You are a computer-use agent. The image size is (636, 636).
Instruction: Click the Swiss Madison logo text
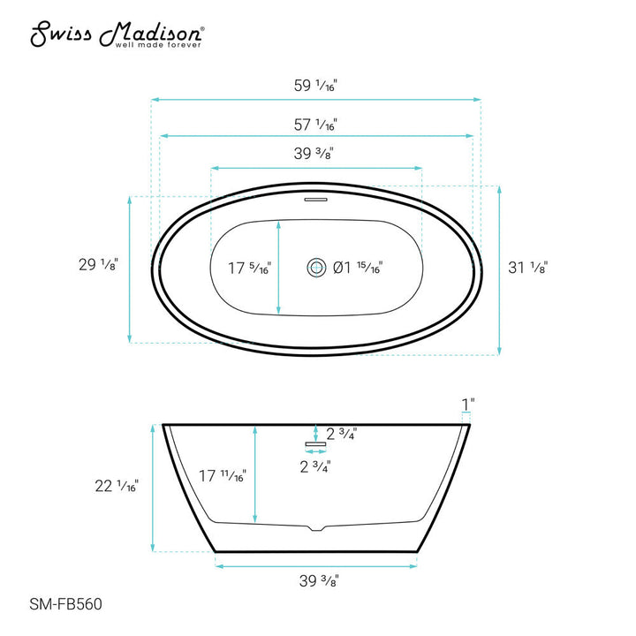pyautogui.click(x=117, y=33)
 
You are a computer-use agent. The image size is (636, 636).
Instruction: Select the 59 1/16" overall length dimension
pyautogui.click(x=316, y=86)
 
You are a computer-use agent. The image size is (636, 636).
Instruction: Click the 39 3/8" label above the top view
pyautogui.click(x=314, y=154)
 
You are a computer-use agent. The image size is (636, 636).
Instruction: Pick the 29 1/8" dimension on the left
pyautogui.click(x=96, y=264)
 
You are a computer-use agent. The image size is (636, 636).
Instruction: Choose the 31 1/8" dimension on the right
pyautogui.click(x=529, y=267)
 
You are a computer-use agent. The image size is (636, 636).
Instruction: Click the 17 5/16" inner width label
pyautogui.click(x=248, y=268)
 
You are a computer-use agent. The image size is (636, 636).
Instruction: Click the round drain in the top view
pyautogui.click(x=315, y=267)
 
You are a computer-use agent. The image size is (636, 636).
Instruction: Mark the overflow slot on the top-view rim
pyautogui.click(x=315, y=201)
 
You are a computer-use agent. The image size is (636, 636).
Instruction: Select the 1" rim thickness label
pyautogui.click(x=468, y=404)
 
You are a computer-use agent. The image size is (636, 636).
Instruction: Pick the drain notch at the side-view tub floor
pyautogui.click(x=316, y=530)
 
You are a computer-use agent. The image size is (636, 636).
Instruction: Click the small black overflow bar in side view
pyautogui.click(x=311, y=443)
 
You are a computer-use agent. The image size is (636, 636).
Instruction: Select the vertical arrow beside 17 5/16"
pyautogui.click(x=280, y=268)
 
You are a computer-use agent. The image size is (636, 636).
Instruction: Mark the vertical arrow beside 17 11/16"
pyautogui.click(x=255, y=473)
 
